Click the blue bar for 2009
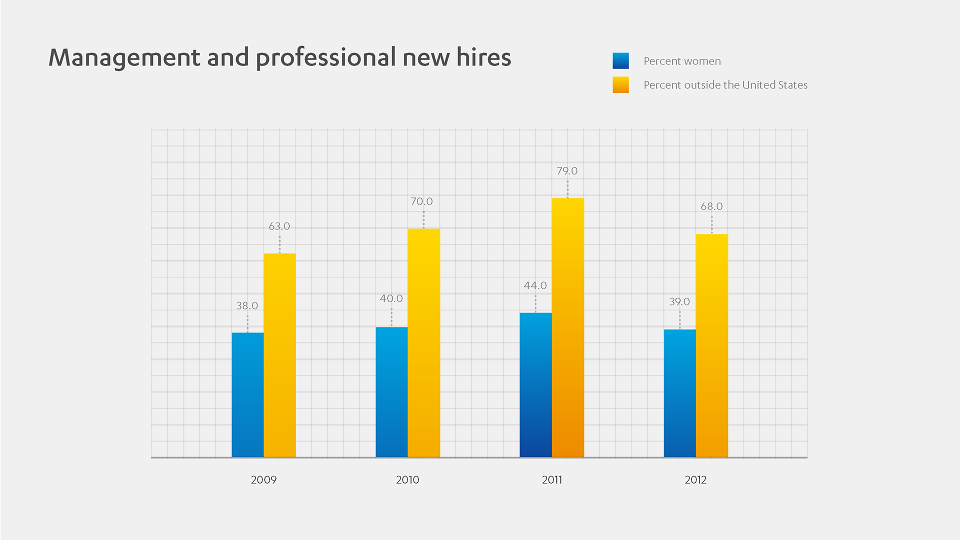point(247,395)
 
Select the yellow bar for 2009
point(279,355)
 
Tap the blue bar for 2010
point(391,392)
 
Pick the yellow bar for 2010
point(423,343)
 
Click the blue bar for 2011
point(535,385)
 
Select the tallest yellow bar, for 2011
point(567,327)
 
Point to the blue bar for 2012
point(679,393)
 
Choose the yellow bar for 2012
point(711,345)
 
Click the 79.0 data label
point(567,171)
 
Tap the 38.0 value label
point(247,305)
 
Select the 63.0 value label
point(279,226)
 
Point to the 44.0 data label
point(535,285)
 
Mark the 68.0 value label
point(711,206)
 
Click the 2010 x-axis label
point(407,480)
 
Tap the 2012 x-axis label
point(695,480)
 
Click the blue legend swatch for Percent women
point(620,61)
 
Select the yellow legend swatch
point(620,85)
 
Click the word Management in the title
point(124,58)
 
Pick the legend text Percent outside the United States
point(725,85)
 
